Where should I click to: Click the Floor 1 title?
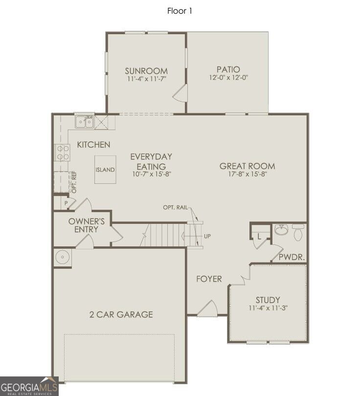(x=180, y=11)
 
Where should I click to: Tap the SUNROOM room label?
(x=146, y=71)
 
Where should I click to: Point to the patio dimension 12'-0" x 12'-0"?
(x=228, y=77)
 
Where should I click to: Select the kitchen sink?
(x=85, y=122)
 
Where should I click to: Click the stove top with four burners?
(x=63, y=152)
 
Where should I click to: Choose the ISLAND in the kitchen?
(x=105, y=170)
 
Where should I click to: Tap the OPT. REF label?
(x=74, y=182)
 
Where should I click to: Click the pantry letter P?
(x=66, y=203)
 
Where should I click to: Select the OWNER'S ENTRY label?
(x=87, y=225)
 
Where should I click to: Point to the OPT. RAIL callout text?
(x=175, y=207)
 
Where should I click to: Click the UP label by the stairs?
(x=207, y=236)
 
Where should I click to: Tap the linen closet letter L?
(x=259, y=237)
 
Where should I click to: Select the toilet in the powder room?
(x=298, y=232)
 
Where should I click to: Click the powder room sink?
(x=281, y=230)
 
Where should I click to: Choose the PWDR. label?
(x=292, y=257)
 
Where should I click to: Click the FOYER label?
(x=209, y=279)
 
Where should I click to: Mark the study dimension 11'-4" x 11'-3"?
(x=268, y=308)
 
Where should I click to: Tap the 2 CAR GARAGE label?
(x=121, y=314)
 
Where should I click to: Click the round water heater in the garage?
(x=62, y=258)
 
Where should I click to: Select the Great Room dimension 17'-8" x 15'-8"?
(x=247, y=174)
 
